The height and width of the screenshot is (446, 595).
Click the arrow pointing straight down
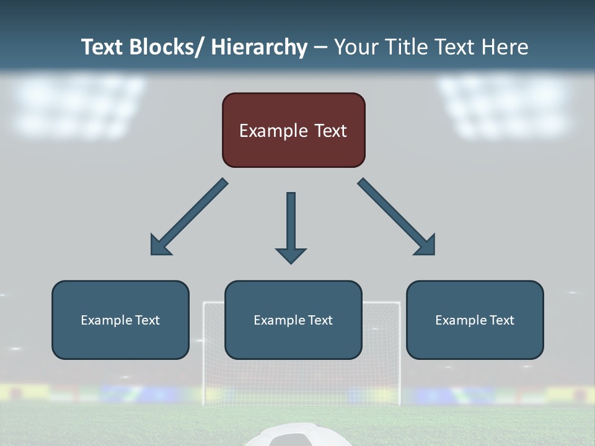point(291,226)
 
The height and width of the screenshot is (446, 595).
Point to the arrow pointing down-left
point(190,217)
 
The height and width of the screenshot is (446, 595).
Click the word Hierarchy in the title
point(259,47)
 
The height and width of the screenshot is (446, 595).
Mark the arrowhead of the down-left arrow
point(159,246)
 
